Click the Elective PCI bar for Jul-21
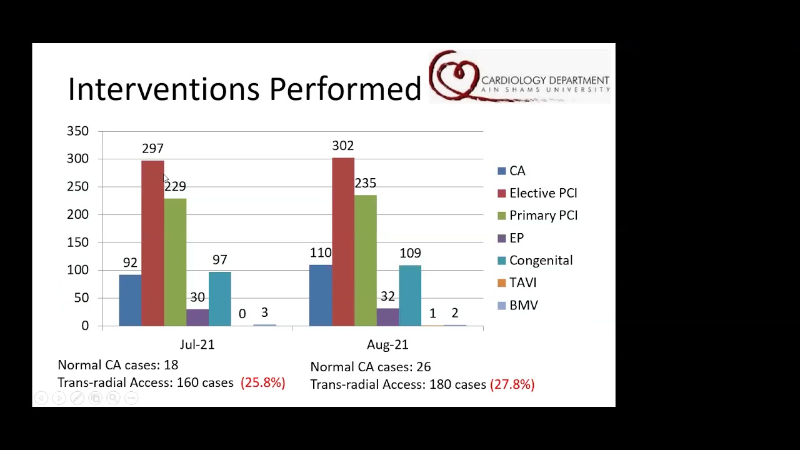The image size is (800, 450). [x=152, y=243]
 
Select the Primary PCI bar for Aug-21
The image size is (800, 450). [x=366, y=261]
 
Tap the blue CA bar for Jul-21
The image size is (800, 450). [x=131, y=301]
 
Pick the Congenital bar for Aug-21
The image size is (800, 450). [x=410, y=296]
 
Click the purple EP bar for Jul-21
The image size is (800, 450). [x=197, y=317]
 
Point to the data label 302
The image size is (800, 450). [x=343, y=146]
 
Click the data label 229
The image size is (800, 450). [x=176, y=186]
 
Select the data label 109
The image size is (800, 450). [x=411, y=253]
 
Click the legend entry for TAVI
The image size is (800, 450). [x=517, y=282]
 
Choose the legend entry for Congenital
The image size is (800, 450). [x=535, y=261]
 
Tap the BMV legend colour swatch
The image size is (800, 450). [x=502, y=306]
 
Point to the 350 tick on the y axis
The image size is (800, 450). [x=77, y=131]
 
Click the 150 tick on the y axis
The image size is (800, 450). [x=77, y=242]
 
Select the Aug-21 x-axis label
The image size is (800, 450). [x=387, y=344]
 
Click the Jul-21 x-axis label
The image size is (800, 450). [x=197, y=344]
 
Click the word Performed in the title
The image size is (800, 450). [x=345, y=89]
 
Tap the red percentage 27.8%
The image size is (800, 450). [x=512, y=384]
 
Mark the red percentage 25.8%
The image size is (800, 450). [x=263, y=382]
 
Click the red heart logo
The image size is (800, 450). [x=454, y=75]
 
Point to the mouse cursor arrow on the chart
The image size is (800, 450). [x=166, y=179]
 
